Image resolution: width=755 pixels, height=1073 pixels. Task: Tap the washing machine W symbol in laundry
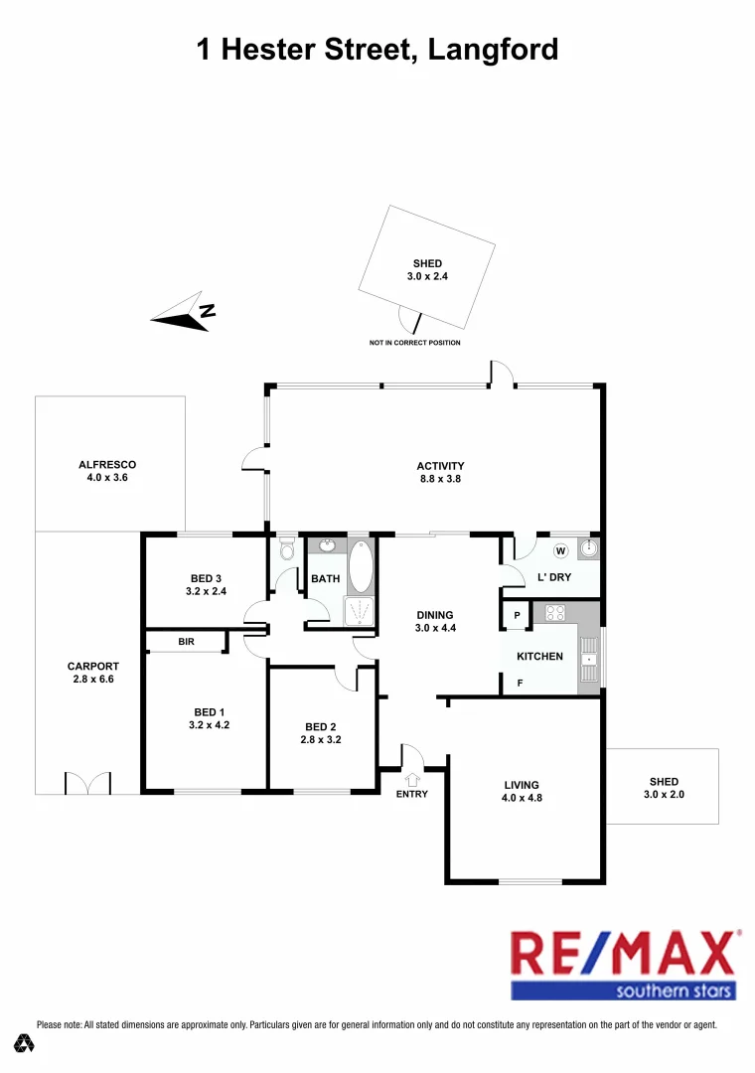click(559, 550)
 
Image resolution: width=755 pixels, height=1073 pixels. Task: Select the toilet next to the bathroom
click(287, 549)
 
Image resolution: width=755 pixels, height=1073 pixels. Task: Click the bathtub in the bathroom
click(360, 566)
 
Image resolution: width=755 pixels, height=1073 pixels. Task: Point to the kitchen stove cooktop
click(553, 613)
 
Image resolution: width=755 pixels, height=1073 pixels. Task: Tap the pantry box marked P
click(517, 616)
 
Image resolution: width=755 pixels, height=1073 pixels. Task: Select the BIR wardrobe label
click(186, 643)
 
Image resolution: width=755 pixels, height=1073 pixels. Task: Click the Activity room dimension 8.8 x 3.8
click(440, 479)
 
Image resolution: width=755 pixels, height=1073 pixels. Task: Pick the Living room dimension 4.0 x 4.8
click(523, 798)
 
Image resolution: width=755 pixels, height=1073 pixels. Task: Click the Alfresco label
click(107, 464)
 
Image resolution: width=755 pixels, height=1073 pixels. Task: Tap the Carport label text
click(93, 667)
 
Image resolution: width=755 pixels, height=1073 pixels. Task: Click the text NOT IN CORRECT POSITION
click(414, 343)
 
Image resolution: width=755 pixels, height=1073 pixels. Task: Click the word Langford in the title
click(493, 50)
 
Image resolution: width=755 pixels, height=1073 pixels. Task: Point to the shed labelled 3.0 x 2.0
click(663, 787)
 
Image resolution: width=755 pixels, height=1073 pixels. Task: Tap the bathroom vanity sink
click(326, 544)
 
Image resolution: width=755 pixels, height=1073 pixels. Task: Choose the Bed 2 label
click(321, 725)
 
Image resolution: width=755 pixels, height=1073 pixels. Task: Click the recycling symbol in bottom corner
click(24, 1043)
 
